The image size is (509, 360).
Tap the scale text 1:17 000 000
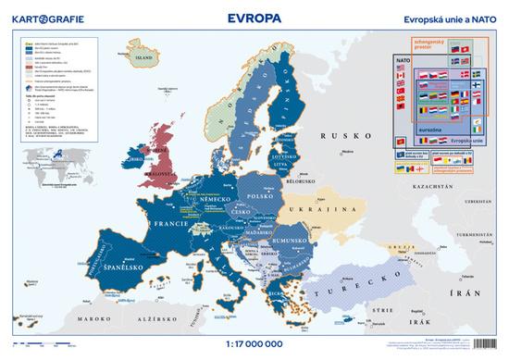tap(254, 340)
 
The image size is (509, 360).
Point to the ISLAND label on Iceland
tap(143, 57)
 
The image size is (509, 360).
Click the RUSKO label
tap(339, 136)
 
